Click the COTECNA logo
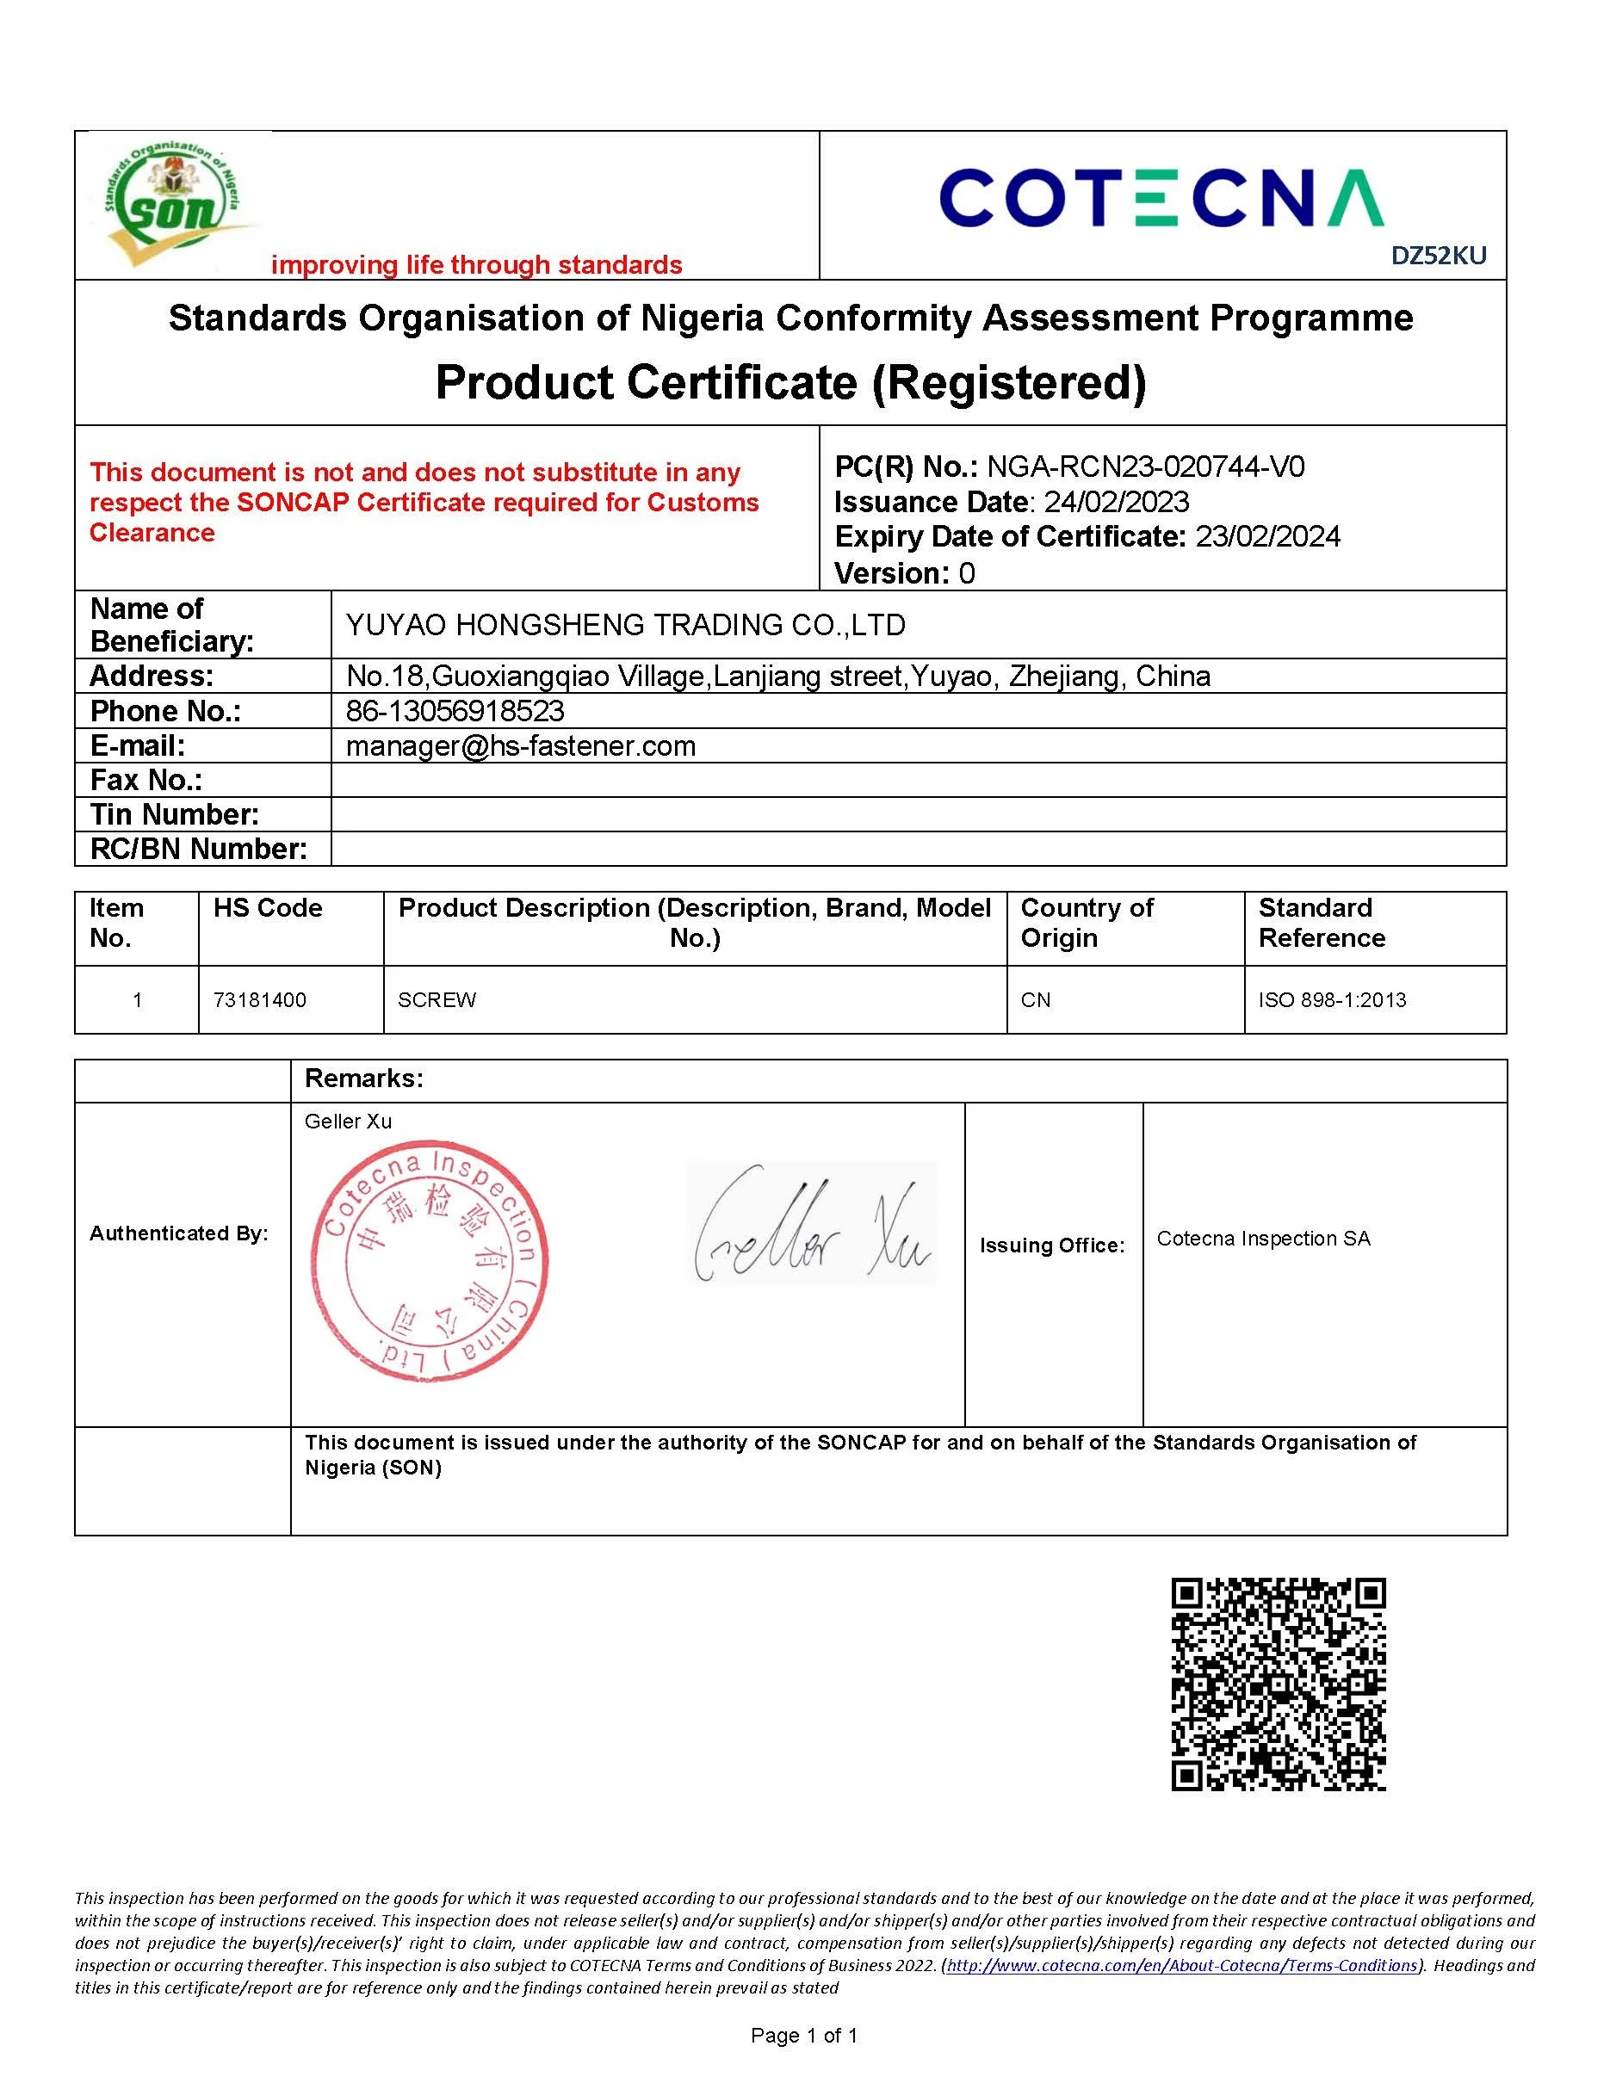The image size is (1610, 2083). [1161, 198]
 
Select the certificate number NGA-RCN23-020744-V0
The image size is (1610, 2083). [1144, 467]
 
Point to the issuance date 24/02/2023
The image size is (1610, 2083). [1116, 503]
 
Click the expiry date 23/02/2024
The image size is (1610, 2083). [1267, 537]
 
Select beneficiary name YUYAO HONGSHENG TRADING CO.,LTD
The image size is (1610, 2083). [625, 626]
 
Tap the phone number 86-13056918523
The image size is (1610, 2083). [455, 712]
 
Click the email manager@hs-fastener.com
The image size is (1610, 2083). [521, 746]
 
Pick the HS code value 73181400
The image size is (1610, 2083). [259, 1000]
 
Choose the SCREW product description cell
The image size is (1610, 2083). [437, 1000]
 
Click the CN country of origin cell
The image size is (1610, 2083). [1036, 1000]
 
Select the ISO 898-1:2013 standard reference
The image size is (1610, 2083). [1332, 1000]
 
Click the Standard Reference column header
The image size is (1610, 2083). [1321, 924]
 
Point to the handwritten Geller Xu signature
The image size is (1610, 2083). [811, 1224]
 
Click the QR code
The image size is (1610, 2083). [1278, 1684]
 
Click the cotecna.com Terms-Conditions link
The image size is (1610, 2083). [1182, 1966]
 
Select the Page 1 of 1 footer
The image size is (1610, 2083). [804, 2037]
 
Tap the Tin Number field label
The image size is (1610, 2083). [175, 814]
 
